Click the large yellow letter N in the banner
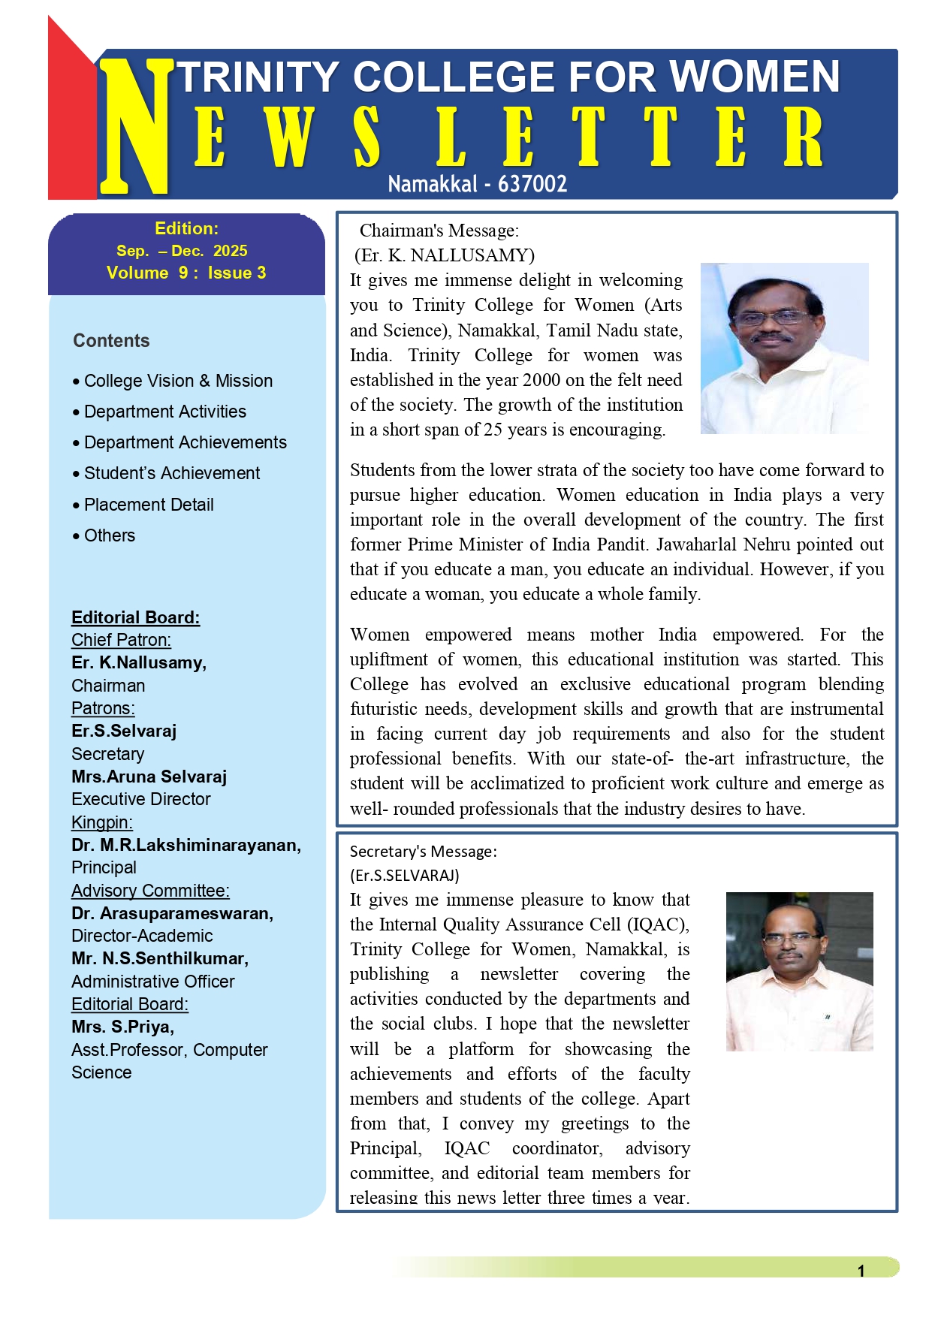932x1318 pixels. [x=135, y=128]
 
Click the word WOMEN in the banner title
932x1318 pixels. [x=754, y=77]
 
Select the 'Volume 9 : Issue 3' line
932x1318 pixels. [x=186, y=273]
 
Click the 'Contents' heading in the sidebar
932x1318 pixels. [x=111, y=341]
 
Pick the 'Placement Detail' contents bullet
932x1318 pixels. [x=149, y=505]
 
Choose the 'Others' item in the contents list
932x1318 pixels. [x=110, y=535]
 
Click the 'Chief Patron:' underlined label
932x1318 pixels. [x=121, y=640]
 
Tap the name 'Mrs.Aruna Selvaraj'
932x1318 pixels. [x=149, y=777]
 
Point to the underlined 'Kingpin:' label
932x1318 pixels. [x=102, y=822]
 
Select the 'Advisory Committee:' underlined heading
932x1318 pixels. [x=150, y=891]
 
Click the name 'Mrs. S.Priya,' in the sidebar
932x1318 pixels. [x=122, y=1027]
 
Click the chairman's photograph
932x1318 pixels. [x=784, y=348]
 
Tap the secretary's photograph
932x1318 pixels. [x=799, y=971]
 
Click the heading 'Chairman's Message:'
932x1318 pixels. [x=439, y=231]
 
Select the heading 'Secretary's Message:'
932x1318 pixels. [x=423, y=852]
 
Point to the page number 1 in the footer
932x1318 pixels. [x=861, y=1271]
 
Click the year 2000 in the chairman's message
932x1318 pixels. [x=541, y=380]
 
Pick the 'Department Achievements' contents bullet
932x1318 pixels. [x=185, y=442]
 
